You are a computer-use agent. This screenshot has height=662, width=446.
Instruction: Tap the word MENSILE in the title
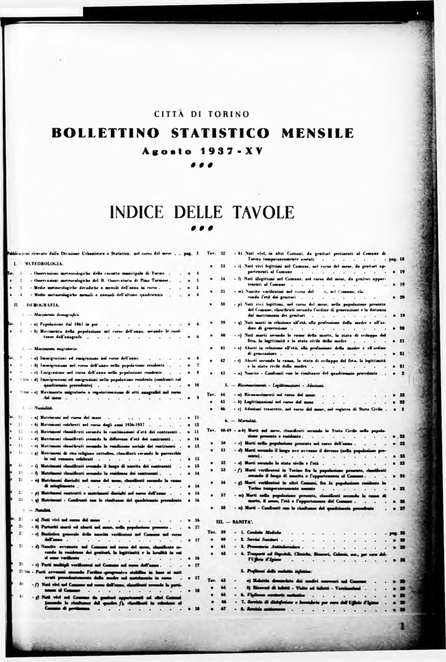click(318, 133)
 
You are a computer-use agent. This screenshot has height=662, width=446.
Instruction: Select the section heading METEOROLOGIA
click(43, 264)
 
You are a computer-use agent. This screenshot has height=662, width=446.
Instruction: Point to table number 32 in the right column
click(222, 253)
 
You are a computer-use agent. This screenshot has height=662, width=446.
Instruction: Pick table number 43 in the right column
click(222, 373)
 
